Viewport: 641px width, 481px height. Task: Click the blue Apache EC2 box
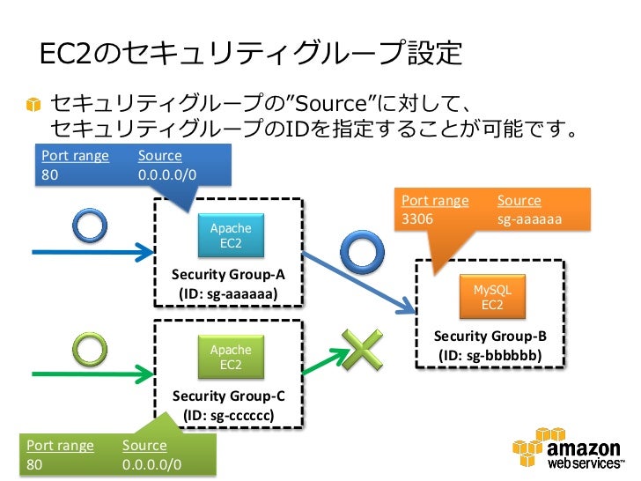pyautogui.click(x=231, y=235)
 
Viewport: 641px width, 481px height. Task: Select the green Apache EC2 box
pyautogui.click(x=231, y=357)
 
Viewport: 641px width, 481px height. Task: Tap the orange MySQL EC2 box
pyautogui.click(x=492, y=297)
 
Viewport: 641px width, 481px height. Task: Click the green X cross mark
pyautogui.click(x=363, y=350)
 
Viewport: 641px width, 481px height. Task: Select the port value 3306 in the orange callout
pyautogui.click(x=417, y=218)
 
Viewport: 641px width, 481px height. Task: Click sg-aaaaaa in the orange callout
pyautogui.click(x=529, y=219)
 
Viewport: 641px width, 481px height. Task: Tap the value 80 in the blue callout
pyautogui.click(x=49, y=174)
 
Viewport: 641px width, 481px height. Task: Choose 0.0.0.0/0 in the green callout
pyautogui.click(x=151, y=464)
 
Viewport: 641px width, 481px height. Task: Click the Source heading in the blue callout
pyautogui.click(x=160, y=155)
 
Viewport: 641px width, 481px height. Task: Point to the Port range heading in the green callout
pyautogui.click(x=60, y=446)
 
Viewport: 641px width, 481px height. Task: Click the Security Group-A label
pyautogui.click(x=228, y=275)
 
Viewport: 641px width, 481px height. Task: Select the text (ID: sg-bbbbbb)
pyautogui.click(x=490, y=355)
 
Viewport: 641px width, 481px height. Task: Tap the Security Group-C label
pyautogui.click(x=229, y=396)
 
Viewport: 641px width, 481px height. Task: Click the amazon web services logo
pyautogui.click(x=568, y=448)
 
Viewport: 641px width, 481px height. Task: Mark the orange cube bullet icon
pyautogui.click(x=33, y=104)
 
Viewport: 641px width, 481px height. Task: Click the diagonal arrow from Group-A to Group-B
pyautogui.click(x=359, y=283)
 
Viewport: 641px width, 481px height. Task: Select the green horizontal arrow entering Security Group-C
pyautogui.click(x=93, y=374)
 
